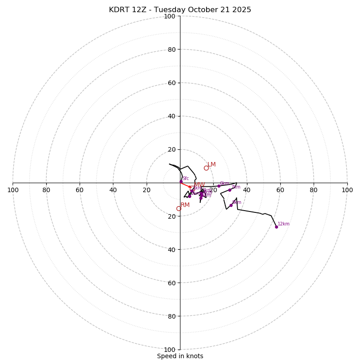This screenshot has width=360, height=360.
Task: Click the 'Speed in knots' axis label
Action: [x=180, y=356]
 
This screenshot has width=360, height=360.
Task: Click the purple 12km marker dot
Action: [x=276, y=227]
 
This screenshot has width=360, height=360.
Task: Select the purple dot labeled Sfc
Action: [x=181, y=182]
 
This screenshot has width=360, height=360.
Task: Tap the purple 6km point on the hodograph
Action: [x=219, y=186]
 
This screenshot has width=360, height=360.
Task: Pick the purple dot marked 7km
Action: [x=229, y=190]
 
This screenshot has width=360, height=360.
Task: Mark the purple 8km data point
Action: [x=231, y=205]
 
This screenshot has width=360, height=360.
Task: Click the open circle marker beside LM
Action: [x=206, y=168]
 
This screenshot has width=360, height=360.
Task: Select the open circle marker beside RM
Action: [x=179, y=209]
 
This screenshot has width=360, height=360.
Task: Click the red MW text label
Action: [x=199, y=185]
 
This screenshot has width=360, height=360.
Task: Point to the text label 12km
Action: [x=283, y=224]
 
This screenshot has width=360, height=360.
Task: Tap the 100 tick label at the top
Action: [x=170, y=16]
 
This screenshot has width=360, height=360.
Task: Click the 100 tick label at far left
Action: [x=13, y=190]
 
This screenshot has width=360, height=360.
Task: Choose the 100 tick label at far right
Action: [x=347, y=190]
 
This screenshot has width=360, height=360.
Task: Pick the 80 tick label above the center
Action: [x=171, y=49]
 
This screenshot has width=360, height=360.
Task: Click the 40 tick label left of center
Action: [x=113, y=190]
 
